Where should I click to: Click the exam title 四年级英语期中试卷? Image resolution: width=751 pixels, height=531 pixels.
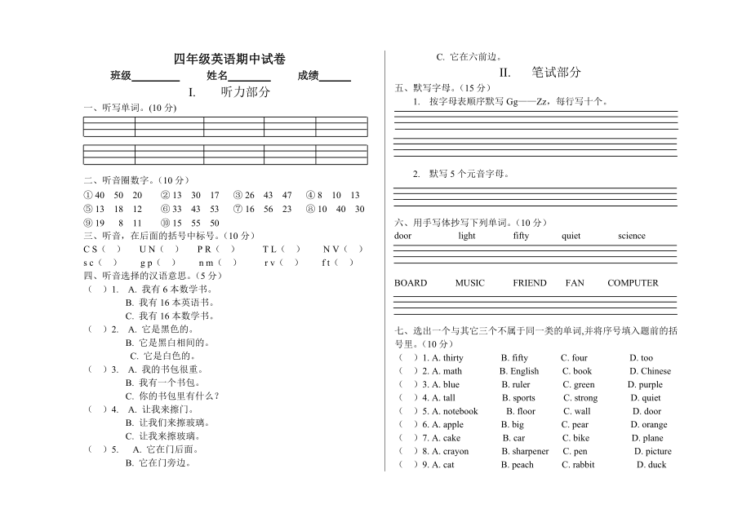pos(229,59)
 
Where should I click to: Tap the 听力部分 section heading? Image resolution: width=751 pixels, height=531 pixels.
pos(246,92)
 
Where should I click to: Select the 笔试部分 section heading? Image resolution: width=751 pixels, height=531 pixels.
pos(556,72)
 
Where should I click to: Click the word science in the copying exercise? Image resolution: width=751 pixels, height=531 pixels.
pos(632,236)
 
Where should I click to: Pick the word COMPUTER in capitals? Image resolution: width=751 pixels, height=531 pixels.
pos(633,283)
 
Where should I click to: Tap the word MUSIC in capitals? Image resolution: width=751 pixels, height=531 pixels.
pos(469,283)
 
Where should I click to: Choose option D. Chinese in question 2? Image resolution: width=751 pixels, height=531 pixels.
pos(651,371)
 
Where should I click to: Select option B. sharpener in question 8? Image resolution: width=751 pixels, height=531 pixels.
pos(525,451)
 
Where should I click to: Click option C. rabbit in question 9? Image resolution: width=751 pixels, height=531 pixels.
pos(578,465)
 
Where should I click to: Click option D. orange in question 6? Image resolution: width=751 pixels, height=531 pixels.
pos(649,424)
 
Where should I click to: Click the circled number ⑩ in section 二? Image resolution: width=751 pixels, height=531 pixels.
pos(166,223)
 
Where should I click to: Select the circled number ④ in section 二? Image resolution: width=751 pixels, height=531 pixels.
pos(310,195)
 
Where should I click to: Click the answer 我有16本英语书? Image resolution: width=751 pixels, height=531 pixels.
pos(158,303)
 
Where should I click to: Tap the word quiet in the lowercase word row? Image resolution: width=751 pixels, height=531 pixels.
pos(571,236)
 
